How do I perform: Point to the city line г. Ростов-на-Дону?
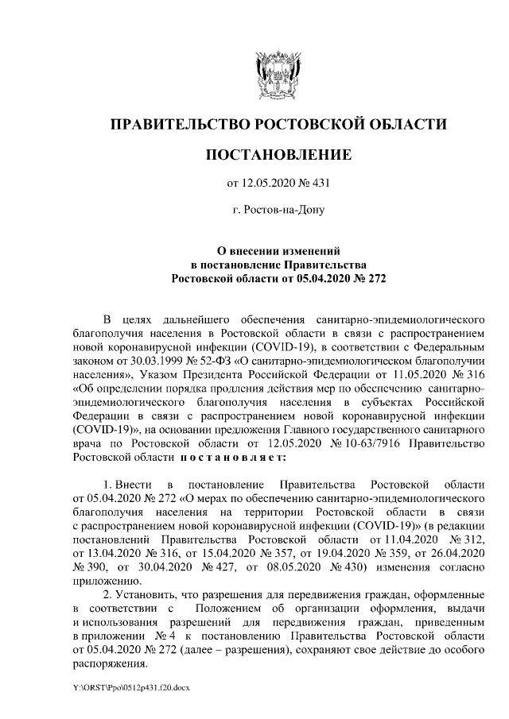click(278, 211)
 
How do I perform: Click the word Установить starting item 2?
click(158, 595)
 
